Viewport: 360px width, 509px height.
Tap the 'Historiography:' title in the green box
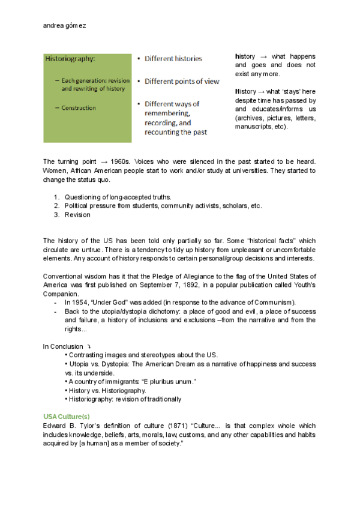point(71,59)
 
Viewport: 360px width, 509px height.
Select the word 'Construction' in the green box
point(79,108)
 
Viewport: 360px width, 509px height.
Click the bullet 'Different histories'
point(173,59)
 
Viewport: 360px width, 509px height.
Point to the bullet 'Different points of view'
point(182,81)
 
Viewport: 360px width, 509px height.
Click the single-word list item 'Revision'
point(77,214)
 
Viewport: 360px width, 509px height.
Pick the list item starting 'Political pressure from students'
point(163,206)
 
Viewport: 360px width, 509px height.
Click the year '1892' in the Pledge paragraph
point(208,286)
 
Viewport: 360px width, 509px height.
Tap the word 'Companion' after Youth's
point(59,295)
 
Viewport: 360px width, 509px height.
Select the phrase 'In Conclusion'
point(62,346)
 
